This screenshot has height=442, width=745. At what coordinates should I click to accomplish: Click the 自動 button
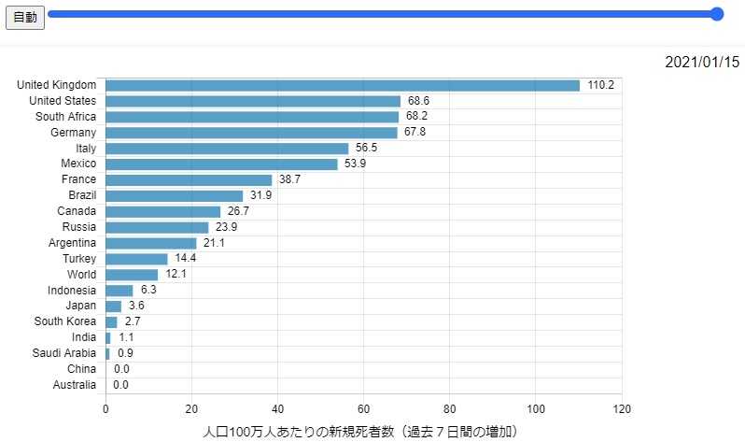[x=25, y=18]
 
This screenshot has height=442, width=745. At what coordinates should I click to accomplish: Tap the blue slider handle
[x=717, y=14]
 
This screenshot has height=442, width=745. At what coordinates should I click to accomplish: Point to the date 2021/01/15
[x=701, y=63]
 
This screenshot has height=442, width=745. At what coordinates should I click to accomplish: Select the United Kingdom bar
[x=343, y=85]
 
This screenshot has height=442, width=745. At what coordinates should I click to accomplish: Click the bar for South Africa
[x=252, y=117]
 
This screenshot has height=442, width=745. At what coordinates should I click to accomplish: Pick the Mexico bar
[x=221, y=164]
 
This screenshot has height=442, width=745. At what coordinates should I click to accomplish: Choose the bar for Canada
[x=162, y=211]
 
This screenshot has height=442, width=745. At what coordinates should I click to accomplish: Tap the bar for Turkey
[x=136, y=258]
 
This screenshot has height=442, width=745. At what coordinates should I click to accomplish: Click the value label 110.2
[x=600, y=85]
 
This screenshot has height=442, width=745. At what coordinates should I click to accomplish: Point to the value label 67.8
[x=417, y=133]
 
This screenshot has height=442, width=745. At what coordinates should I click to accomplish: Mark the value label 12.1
[x=176, y=274]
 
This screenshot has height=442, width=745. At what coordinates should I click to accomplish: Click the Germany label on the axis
[x=73, y=133]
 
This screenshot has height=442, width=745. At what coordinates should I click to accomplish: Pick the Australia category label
[x=74, y=384]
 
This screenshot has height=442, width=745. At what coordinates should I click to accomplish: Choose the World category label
[x=81, y=274]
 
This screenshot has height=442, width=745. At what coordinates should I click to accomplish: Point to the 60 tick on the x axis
[x=364, y=409]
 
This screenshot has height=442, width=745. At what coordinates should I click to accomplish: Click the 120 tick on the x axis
[x=622, y=409]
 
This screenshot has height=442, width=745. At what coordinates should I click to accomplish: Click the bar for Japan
[x=113, y=306]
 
